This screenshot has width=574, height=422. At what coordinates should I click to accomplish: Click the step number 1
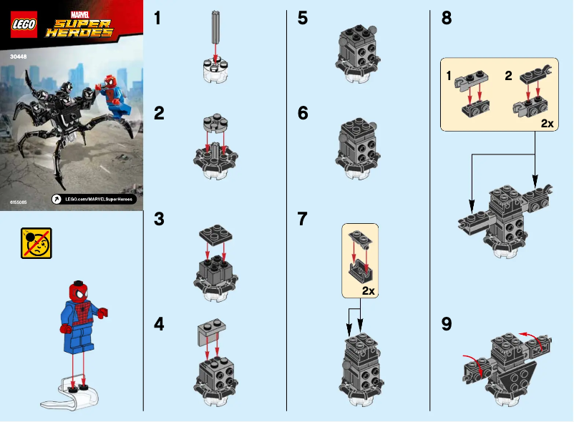(x=159, y=19)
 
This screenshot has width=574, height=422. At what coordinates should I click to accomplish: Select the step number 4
(x=160, y=324)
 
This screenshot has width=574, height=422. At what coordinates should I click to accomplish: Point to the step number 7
(x=303, y=219)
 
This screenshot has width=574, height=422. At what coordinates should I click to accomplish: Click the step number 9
(x=447, y=324)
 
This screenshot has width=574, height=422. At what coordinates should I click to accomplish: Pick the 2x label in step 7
(x=369, y=291)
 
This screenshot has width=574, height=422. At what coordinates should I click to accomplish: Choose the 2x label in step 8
(x=547, y=123)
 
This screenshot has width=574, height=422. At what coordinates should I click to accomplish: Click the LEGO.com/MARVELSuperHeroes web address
(x=98, y=198)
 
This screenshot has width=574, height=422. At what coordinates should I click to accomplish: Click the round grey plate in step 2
(x=215, y=123)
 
